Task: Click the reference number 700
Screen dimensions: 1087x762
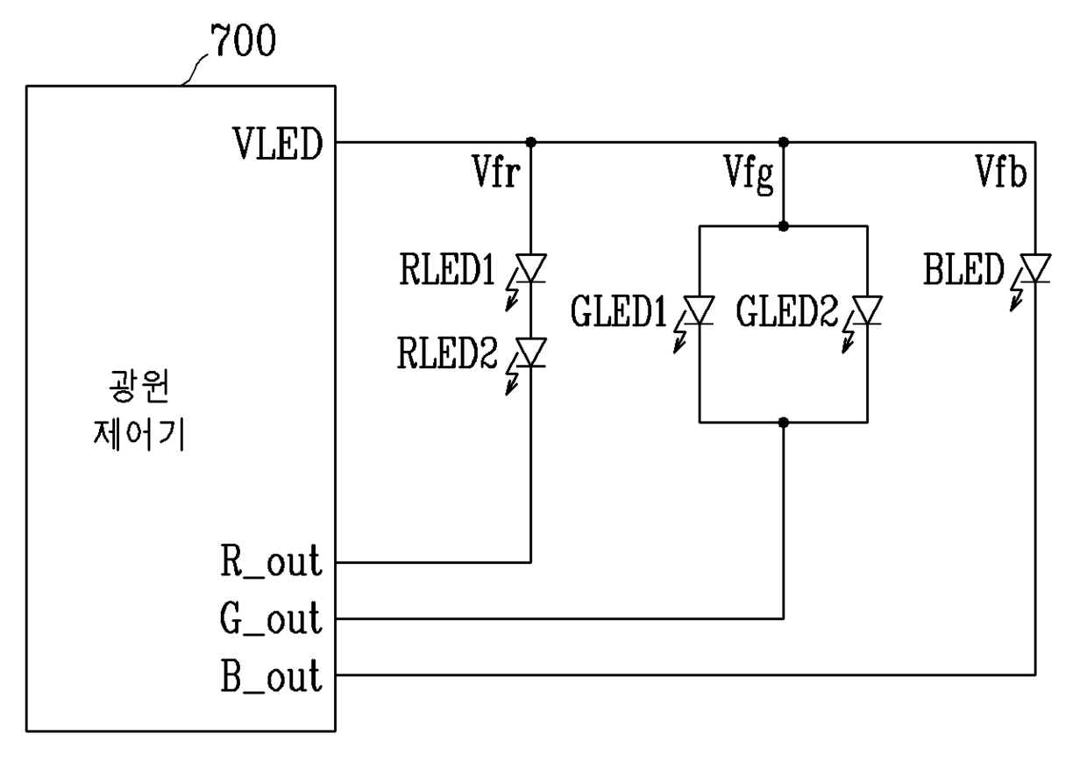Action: coord(243,39)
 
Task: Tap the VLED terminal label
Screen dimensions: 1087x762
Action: coord(278,144)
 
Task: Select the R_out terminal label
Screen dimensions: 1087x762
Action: coord(271,561)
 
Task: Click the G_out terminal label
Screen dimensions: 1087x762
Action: coord(270,618)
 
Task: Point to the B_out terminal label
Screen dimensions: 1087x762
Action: coord(271,675)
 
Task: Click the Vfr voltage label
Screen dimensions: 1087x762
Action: coord(495,171)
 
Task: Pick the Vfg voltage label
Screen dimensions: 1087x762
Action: coord(749,174)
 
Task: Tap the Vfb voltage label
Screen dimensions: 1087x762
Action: coord(1001,171)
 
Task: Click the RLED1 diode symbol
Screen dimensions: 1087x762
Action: coord(531,268)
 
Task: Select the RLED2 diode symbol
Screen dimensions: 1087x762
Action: coord(531,353)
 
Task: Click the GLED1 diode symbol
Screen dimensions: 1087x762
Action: coord(700,310)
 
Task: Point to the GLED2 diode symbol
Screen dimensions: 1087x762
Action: coord(868,310)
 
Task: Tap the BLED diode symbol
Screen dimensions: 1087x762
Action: coord(1035,268)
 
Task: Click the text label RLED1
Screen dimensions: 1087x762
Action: coord(447,269)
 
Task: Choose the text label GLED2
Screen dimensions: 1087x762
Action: coord(786,311)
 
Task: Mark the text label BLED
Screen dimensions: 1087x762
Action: coord(963,269)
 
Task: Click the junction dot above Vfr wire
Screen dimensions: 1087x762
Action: coord(531,142)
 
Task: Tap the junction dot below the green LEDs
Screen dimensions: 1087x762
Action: coord(783,423)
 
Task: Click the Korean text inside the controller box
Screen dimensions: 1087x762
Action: coord(139,410)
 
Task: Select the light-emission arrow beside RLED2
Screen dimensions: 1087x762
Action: coord(512,380)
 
